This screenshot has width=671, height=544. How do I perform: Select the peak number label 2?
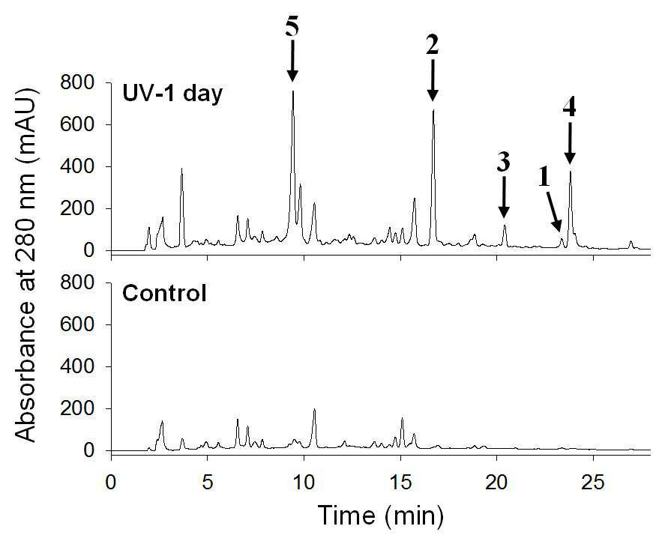point(433,45)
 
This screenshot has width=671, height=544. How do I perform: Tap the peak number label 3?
point(504,163)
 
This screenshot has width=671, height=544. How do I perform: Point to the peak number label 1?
point(544,178)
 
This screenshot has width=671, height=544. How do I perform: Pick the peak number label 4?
point(569,108)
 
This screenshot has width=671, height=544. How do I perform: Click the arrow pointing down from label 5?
point(292,61)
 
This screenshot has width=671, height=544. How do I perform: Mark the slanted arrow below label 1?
point(554,211)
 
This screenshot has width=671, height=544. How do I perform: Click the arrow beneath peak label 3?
point(504,197)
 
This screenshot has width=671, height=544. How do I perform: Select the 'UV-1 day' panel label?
point(172,93)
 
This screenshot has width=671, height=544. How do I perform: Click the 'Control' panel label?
point(164,294)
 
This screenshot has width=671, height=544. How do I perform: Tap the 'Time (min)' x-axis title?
point(380,516)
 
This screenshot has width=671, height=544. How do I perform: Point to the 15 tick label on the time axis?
point(400,483)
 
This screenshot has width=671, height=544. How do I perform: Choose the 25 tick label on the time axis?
point(593,483)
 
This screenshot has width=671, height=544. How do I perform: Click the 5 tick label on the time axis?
point(208,483)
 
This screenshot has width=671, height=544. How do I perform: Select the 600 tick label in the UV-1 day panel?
point(77,124)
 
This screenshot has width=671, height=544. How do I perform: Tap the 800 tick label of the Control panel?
point(77,282)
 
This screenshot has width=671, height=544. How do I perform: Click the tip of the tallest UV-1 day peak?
point(292,91)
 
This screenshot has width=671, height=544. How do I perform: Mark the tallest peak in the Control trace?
point(315,409)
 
